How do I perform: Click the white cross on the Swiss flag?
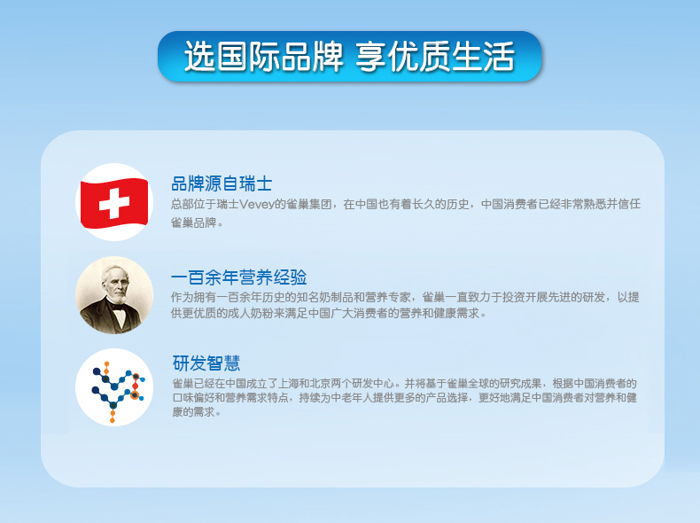click(114, 204)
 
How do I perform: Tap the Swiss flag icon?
click(114, 202)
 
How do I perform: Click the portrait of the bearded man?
click(114, 295)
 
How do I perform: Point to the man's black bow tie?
click(118, 307)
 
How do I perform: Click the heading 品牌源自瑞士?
click(222, 183)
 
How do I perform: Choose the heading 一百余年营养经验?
click(239, 277)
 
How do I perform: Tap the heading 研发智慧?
click(206, 363)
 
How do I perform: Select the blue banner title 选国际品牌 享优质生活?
click(349, 56)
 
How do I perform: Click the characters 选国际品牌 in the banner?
click(264, 56)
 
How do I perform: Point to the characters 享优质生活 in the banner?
click(435, 56)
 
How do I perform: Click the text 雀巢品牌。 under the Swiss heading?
click(197, 222)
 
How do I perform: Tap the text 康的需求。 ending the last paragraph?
click(197, 412)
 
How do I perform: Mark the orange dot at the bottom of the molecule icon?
click(113, 420)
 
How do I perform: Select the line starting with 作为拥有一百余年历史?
click(405, 297)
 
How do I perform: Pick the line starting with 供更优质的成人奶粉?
click(329, 313)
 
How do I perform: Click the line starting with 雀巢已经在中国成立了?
click(404, 383)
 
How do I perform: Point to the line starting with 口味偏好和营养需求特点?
click(404, 397)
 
